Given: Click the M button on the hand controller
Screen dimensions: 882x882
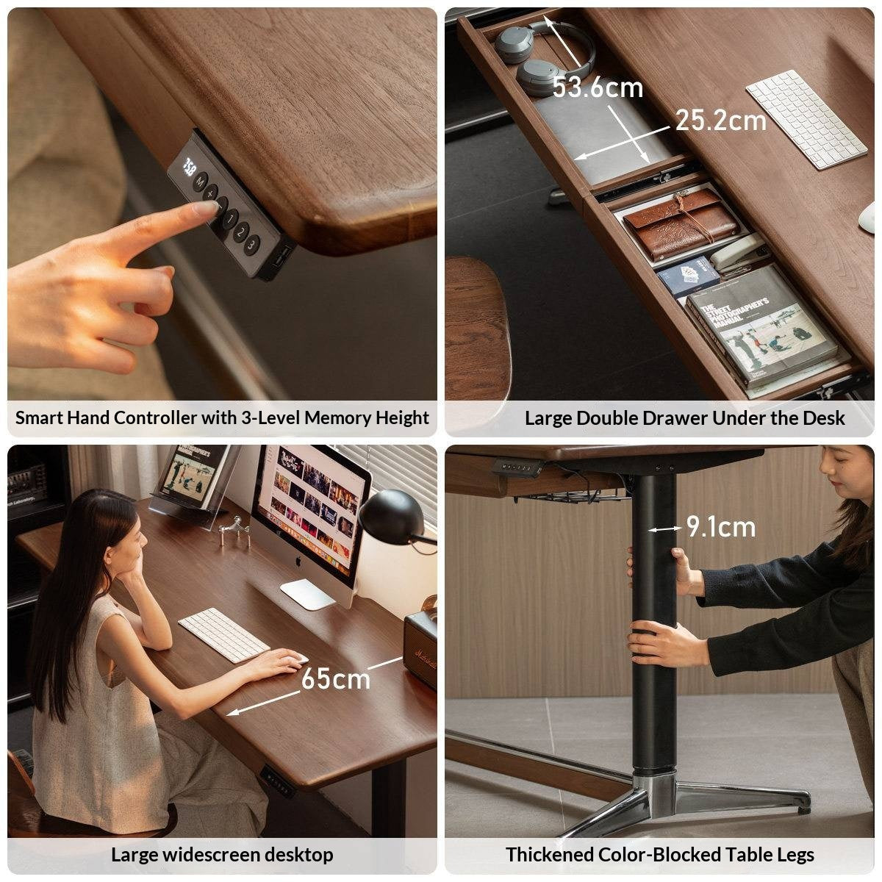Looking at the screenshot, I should click(x=199, y=182).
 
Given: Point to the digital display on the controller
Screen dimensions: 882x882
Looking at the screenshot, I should click(x=189, y=165).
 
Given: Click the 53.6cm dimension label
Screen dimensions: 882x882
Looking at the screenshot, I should click(x=597, y=87).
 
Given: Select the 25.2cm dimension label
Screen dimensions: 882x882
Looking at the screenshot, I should click(x=720, y=120).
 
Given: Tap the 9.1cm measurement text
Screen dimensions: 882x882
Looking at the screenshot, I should click(x=720, y=527).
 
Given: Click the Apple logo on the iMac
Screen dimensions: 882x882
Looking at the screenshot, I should click(x=298, y=562).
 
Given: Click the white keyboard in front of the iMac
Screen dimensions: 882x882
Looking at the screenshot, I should click(x=224, y=634).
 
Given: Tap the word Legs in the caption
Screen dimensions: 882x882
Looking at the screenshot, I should click(x=793, y=855).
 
